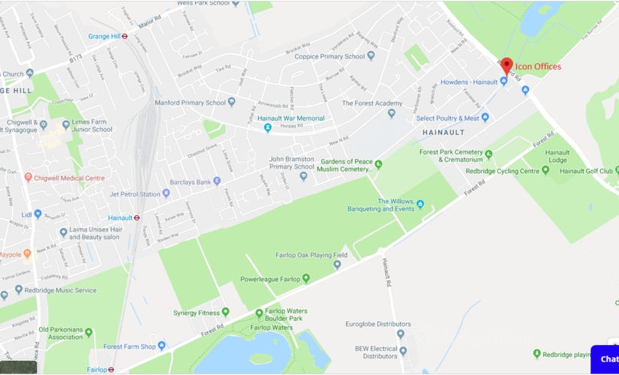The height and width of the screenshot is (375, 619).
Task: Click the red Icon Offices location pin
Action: pos(507,65)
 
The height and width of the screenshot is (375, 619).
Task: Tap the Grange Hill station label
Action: pos(105,36)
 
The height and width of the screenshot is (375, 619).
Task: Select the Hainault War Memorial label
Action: pos(291,118)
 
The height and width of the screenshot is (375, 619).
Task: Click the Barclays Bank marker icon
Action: pos(217,181)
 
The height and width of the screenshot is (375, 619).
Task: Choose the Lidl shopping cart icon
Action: pos(38,214)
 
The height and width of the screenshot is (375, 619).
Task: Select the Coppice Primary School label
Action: pos(329,56)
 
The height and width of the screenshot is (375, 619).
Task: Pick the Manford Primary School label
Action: pos(190,103)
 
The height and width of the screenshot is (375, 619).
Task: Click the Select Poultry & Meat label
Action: pos(447,118)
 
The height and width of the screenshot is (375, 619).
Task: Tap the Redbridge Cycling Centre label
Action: pos(502,171)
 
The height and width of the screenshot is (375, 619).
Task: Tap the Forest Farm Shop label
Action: pos(129,346)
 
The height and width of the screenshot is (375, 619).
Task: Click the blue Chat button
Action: pos(606,358)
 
